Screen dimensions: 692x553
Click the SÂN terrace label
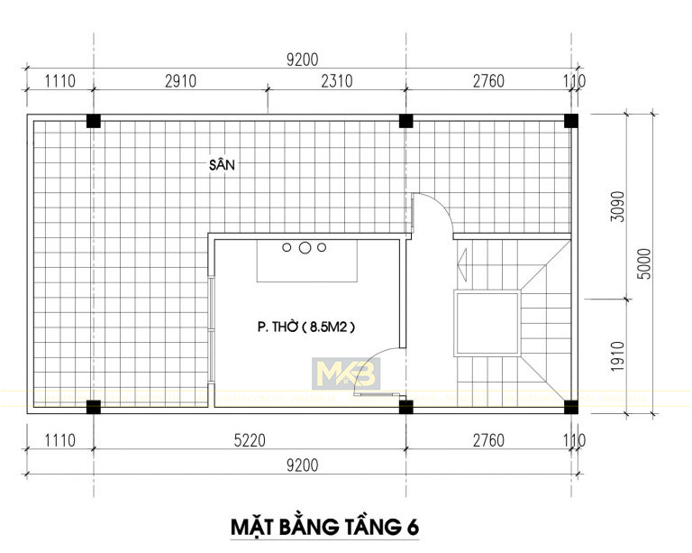coord(222,164)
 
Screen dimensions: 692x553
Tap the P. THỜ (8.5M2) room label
coord(306,327)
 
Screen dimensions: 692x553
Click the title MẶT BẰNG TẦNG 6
coord(324,527)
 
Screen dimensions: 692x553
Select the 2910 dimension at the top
coord(180,81)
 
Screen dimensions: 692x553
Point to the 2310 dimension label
coord(337,81)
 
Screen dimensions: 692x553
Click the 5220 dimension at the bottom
coord(250,440)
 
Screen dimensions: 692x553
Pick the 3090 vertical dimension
coord(618,207)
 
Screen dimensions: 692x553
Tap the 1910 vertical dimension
coord(618,356)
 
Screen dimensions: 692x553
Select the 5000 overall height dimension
coord(644,263)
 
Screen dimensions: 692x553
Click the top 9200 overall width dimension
coord(303,60)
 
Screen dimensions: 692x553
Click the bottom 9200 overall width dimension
coord(303,465)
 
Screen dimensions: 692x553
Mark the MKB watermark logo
coord(346,373)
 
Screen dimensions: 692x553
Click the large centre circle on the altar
coord(304,248)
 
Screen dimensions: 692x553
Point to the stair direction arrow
coord(462,264)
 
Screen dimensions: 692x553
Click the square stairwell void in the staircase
coord(487,323)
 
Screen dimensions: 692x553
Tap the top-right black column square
coord(571,121)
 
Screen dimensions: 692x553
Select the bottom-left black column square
coord(93,407)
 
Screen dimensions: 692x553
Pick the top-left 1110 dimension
coord(60,81)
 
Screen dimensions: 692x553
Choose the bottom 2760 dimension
coord(488,440)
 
